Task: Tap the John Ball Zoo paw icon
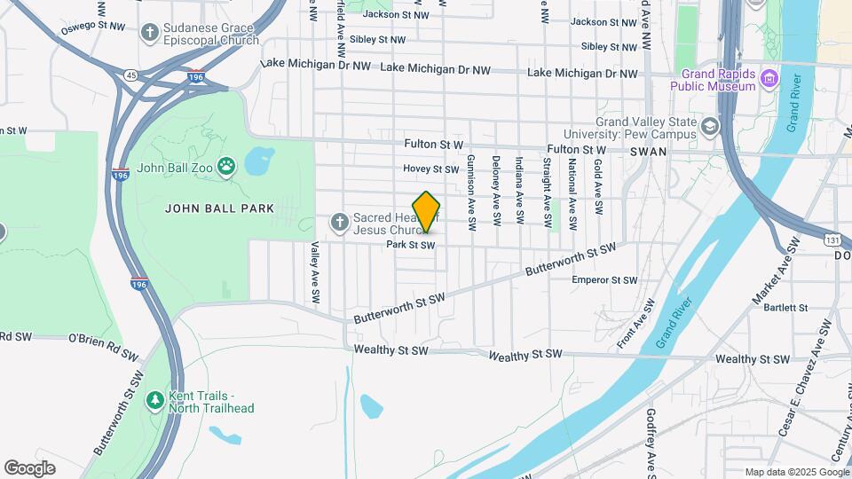pos(227,165)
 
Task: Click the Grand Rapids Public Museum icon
pos(769,80)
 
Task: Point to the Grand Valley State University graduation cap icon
pos(709,127)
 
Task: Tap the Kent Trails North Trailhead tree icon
pos(155,401)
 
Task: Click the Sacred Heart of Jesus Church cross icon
pos(338,221)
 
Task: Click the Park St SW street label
pos(410,245)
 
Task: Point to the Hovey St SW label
pos(430,169)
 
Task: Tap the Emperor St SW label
pos(604,280)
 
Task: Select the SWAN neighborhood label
pos(648,152)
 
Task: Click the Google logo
pos(29,468)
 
